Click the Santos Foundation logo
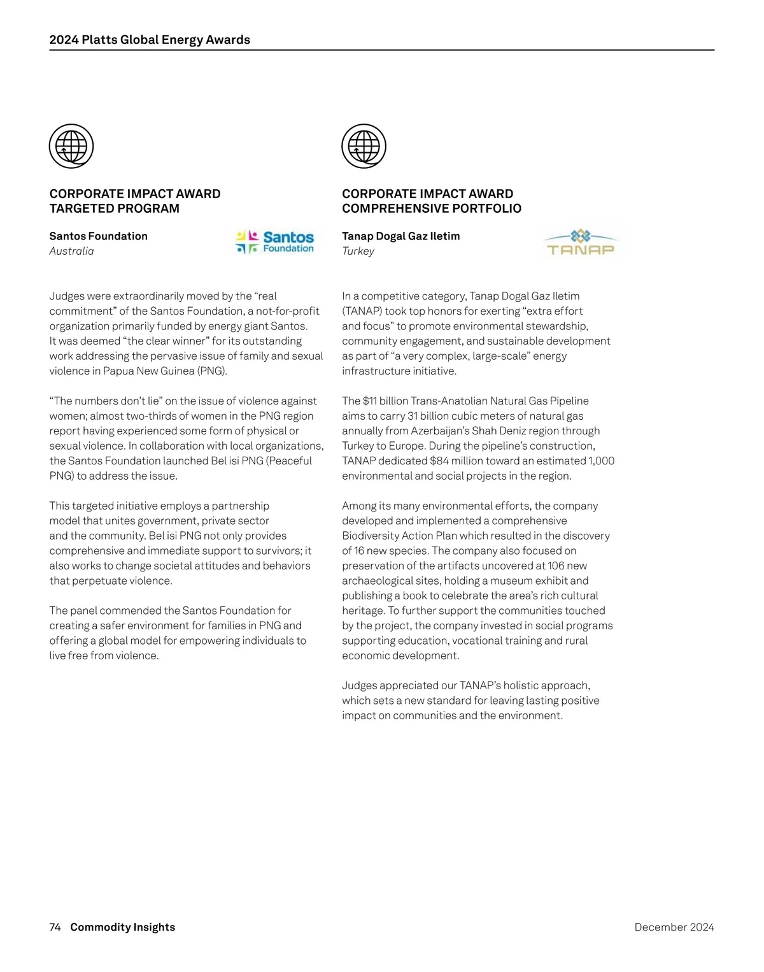click(275, 242)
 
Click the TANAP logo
click(581, 243)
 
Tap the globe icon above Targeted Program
click(71, 146)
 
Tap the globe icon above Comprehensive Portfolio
click(364, 146)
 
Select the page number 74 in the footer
click(55, 927)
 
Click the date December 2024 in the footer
click(674, 927)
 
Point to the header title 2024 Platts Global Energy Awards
click(150, 39)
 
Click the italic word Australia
click(71, 251)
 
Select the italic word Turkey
click(358, 251)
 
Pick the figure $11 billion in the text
click(385, 401)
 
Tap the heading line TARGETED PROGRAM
click(115, 208)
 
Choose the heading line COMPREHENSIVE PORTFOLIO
click(432, 208)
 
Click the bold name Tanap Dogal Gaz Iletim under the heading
click(400, 236)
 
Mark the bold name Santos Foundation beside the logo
click(98, 236)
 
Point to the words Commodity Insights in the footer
click(122, 927)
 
